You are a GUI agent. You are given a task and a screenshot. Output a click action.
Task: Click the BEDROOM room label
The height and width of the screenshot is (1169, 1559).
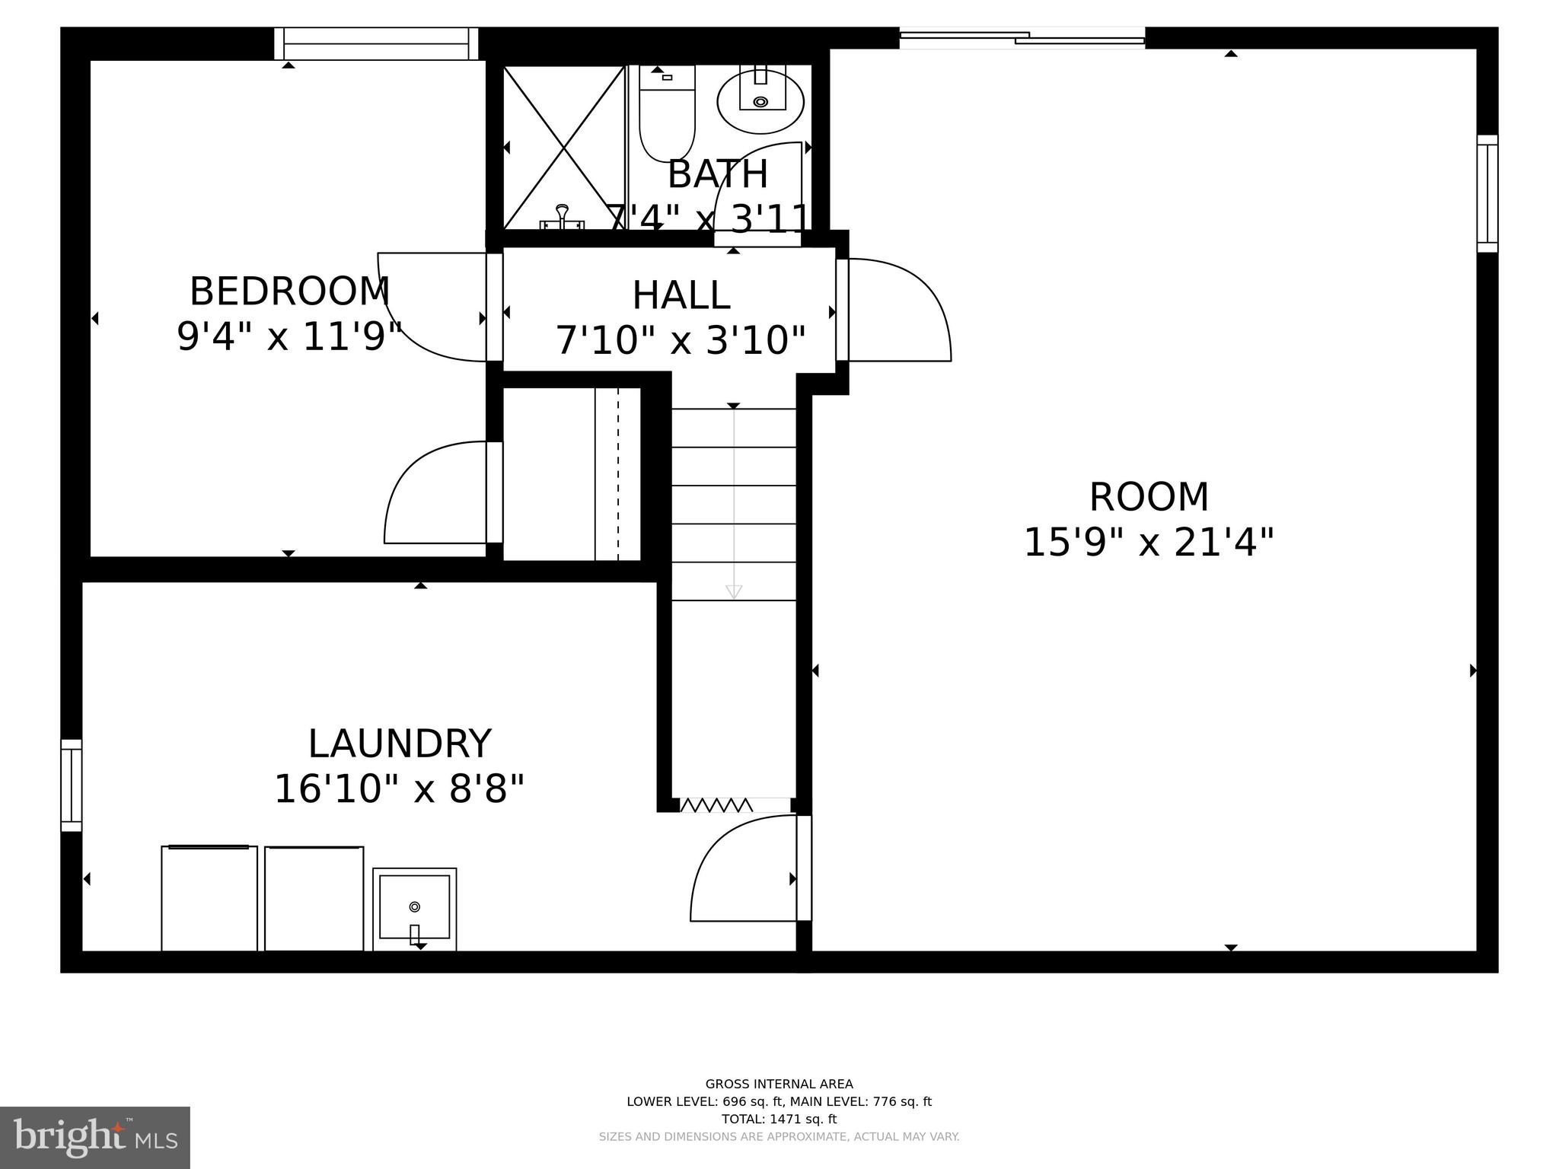point(289,291)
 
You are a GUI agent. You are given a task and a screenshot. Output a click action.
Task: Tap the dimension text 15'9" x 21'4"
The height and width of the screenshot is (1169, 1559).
point(1148,543)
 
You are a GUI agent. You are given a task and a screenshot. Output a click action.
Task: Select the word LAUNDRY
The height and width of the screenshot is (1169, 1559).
point(399,744)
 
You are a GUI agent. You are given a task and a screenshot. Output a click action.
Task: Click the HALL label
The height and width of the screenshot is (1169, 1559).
point(681,295)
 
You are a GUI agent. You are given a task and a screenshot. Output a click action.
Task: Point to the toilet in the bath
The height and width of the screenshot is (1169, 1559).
point(667,114)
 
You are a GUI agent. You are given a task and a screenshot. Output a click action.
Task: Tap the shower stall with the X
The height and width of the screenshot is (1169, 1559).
point(564,148)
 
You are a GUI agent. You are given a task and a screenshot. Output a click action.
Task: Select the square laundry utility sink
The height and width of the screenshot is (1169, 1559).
point(414,909)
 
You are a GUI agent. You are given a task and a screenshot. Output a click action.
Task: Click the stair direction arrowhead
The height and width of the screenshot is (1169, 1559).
point(734,591)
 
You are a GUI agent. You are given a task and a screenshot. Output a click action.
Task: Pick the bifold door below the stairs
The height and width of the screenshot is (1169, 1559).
point(716,805)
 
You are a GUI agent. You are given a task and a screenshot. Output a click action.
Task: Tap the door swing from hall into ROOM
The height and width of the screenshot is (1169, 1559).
point(898,311)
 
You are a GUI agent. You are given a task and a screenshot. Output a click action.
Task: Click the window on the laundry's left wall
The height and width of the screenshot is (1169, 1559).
point(71,785)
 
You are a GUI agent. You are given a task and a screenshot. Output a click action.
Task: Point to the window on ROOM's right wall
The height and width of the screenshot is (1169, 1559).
point(1487,193)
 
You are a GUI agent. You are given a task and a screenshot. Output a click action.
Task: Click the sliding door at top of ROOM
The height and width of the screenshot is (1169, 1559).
point(1022,37)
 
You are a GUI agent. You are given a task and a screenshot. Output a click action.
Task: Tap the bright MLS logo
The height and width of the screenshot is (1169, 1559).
point(94,1137)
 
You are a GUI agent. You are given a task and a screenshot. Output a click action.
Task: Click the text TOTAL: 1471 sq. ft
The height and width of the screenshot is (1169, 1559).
point(779,1119)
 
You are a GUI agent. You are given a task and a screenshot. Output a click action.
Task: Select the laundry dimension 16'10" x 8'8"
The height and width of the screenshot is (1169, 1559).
point(399,789)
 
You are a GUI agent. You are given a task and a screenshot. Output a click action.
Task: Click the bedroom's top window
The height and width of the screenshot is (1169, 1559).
point(376,43)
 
